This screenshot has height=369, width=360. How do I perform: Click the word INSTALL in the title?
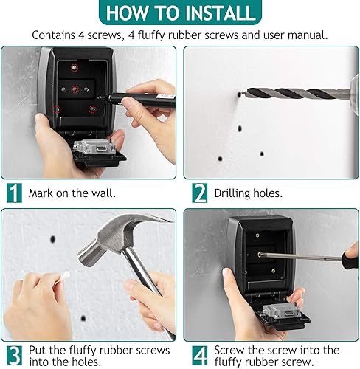pos(221,13)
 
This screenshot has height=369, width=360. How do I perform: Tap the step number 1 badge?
pos(14,193)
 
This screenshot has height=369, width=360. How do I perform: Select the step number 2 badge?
pos(200,193)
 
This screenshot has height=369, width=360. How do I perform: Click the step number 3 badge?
pos(14,356)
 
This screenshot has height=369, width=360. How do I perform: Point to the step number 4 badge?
pos(200,356)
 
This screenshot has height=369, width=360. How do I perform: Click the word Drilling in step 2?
pos(232,193)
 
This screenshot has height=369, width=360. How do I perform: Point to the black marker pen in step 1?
pos(138,98)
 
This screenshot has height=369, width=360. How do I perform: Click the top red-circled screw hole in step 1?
pos(74,67)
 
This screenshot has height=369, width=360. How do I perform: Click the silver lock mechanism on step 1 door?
pos(94,148)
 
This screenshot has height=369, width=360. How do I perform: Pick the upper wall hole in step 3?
pos(52,239)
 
